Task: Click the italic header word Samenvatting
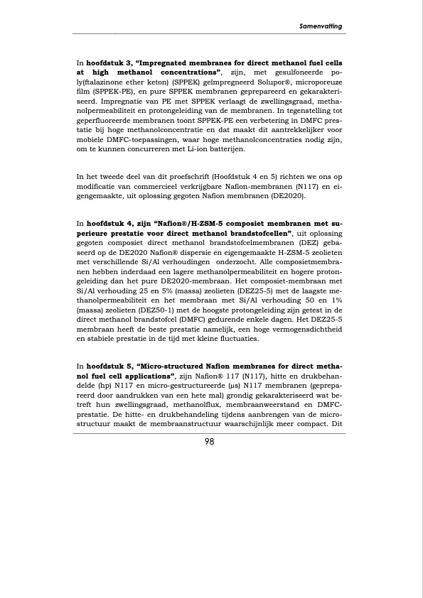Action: point(320,26)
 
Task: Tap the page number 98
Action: point(211,440)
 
